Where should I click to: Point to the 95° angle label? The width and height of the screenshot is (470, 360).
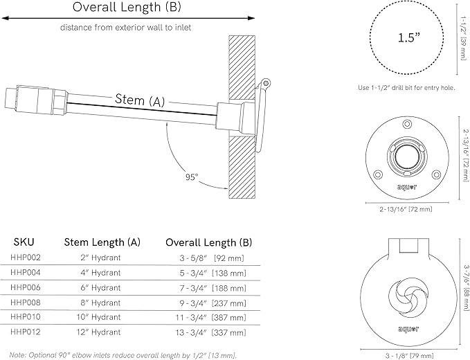[x=191, y=176]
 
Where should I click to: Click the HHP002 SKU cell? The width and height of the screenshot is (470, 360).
[x=26, y=258]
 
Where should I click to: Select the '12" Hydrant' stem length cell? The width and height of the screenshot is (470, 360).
[x=102, y=332]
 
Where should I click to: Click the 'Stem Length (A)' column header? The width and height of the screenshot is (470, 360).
[x=102, y=242]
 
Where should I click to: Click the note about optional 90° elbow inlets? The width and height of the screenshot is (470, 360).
[x=123, y=354]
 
